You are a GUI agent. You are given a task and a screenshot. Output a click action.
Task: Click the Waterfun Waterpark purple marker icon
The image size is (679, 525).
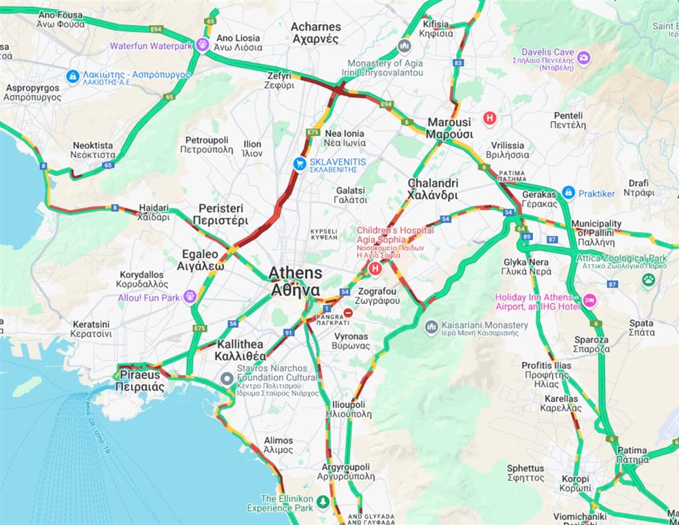[x=202, y=45]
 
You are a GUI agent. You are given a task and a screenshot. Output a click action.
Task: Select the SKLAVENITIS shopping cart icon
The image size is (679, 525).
[x=298, y=163]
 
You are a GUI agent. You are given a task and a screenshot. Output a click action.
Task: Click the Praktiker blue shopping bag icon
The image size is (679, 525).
[x=568, y=193]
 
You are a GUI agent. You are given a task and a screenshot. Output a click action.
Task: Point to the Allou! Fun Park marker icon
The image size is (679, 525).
[x=190, y=297]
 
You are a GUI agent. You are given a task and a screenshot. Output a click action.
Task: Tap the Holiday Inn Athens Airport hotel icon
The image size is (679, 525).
[x=589, y=299]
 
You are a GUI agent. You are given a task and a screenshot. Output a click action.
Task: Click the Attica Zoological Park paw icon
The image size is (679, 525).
[x=648, y=279]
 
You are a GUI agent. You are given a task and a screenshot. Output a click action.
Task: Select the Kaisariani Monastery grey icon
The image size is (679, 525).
[x=431, y=328]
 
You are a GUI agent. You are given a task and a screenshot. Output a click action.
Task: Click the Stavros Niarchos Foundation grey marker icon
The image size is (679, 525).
[x=228, y=378]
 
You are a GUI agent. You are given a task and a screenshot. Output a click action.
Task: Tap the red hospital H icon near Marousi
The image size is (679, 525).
[x=489, y=118]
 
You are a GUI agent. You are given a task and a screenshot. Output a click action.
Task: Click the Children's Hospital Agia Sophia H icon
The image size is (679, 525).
[x=374, y=269]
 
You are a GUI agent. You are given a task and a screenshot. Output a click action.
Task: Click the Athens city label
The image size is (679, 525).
[x=295, y=281]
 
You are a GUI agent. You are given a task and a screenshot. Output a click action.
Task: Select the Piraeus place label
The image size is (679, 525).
[x=139, y=380]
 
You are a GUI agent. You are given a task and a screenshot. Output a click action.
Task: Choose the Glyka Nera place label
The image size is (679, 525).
[x=526, y=266]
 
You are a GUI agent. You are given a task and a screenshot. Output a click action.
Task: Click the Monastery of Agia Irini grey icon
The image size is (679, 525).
[x=404, y=46]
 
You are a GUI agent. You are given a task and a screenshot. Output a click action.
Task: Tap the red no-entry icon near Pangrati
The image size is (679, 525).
[x=348, y=313]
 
